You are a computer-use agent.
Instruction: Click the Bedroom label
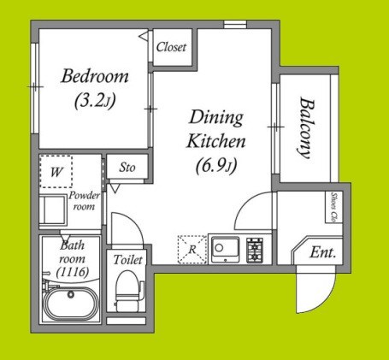point(95,76)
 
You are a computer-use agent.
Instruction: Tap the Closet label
point(171,47)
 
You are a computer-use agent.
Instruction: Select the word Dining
point(216,118)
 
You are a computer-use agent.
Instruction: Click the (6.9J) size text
point(217,166)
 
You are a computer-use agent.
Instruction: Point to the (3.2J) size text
point(95,101)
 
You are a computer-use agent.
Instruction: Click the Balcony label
point(307,128)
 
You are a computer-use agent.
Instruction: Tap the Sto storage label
point(127,168)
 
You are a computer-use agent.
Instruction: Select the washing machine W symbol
point(56,172)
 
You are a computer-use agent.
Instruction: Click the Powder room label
point(84,201)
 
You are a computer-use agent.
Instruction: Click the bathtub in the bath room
point(71,304)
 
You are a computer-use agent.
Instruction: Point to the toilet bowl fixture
point(129,290)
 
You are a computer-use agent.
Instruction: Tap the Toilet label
point(127,260)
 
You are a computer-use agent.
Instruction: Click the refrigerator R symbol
point(192,250)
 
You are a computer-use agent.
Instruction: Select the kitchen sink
point(225,248)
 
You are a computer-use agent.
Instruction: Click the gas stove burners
point(255,250)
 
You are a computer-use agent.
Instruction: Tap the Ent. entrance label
point(322,252)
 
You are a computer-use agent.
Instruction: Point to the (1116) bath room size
point(73,272)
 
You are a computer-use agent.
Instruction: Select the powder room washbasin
point(53,210)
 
